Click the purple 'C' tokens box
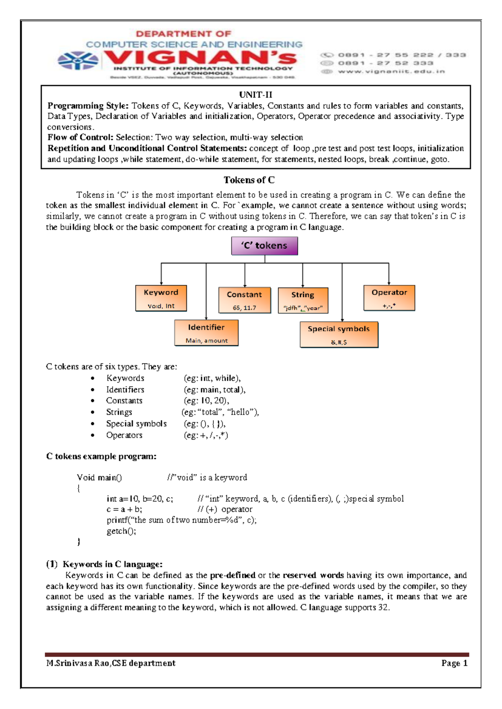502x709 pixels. [264, 246]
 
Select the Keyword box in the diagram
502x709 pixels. [161, 298]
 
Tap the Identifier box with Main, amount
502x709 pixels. [206, 333]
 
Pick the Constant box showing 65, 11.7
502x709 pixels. [244, 300]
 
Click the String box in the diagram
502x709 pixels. [303, 300]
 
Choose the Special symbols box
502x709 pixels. [339, 334]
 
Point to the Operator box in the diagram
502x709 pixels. [389, 298]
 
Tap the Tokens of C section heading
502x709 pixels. [249, 180]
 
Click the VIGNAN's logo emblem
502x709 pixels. [78, 61]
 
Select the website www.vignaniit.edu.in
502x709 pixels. [391, 71]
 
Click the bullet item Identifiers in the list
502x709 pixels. [125, 390]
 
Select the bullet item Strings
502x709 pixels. [119, 412]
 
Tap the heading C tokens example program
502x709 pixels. [101, 457]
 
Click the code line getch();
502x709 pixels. [121, 531]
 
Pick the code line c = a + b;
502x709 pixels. [124, 509]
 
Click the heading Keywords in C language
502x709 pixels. [112, 564]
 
